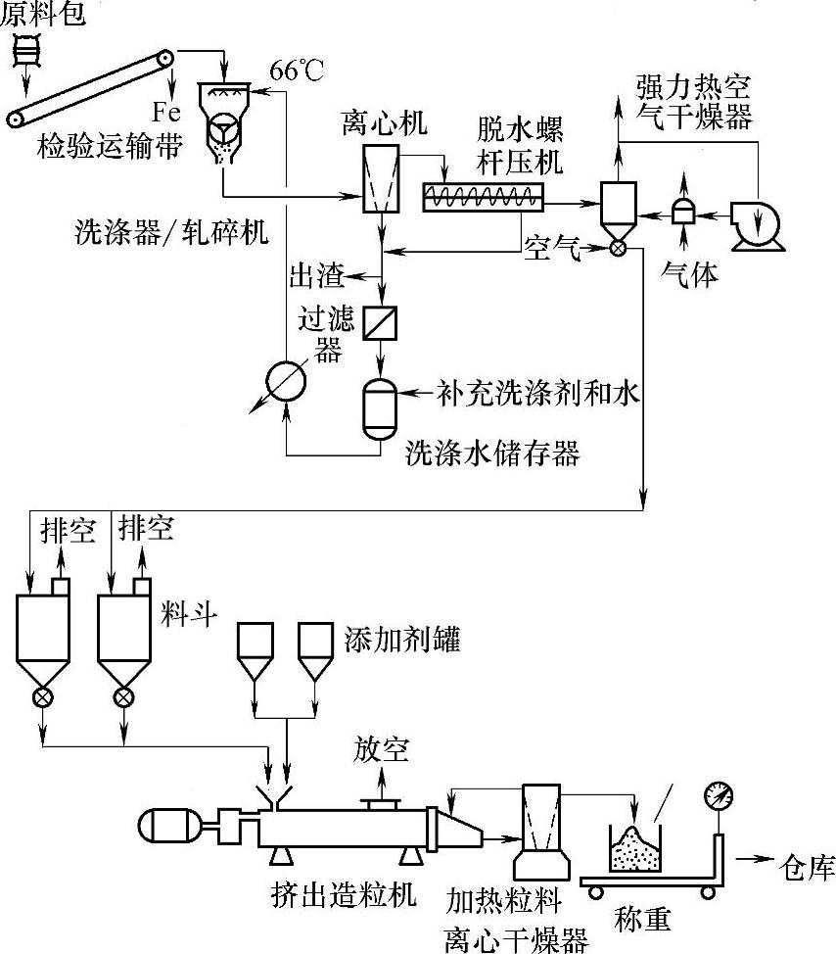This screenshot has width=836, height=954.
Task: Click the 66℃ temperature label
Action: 297,72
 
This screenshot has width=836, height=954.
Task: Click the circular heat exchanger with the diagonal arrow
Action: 287,376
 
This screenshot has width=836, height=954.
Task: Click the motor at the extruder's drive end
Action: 171,824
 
